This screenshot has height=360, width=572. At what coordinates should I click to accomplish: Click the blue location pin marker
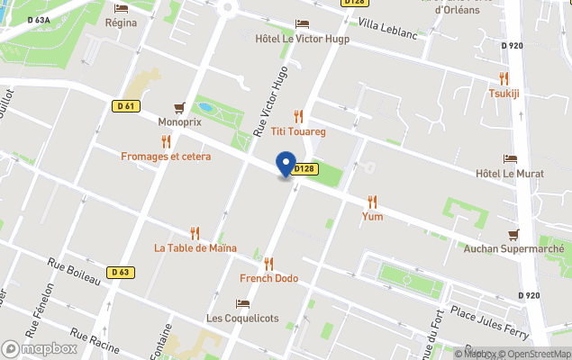point(286,165)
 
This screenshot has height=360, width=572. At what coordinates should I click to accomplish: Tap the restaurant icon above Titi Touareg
point(298,116)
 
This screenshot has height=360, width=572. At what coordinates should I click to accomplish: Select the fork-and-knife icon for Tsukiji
point(504,78)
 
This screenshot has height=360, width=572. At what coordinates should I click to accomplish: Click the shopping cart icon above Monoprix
point(179,107)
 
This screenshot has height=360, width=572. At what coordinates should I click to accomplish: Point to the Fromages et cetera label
point(166,156)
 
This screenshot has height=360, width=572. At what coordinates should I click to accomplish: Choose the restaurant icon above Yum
point(372,202)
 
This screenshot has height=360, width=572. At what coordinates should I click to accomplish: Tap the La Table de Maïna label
point(195,247)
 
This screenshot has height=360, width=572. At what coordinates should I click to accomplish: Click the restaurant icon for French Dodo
point(268,264)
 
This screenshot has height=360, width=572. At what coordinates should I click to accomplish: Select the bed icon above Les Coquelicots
point(242,303)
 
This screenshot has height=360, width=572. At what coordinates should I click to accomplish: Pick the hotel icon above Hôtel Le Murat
point(510,158)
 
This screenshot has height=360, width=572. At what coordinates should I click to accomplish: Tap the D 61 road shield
point(126,106)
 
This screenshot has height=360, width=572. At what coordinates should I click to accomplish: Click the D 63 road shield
point(121,272)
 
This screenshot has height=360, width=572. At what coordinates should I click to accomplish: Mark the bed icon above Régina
point(121,8)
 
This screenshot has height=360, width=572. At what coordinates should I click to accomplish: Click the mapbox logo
point(40,348)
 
